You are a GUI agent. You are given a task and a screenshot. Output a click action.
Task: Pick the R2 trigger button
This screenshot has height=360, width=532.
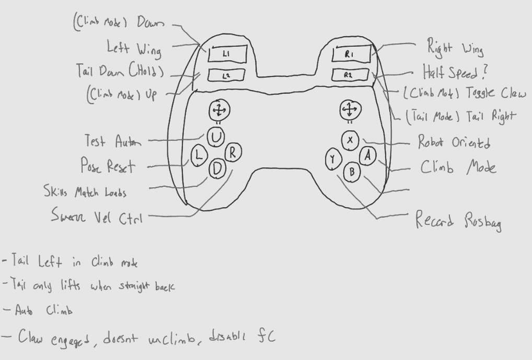[350, 75]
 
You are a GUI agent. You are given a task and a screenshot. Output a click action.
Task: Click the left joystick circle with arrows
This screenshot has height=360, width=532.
[218, 111]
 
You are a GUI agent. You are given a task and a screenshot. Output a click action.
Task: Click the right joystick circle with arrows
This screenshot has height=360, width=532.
[349, 110]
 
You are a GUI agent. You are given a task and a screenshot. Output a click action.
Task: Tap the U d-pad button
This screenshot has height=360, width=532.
[217, 136]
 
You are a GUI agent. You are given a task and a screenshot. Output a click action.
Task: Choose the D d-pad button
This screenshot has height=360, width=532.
[217, 169]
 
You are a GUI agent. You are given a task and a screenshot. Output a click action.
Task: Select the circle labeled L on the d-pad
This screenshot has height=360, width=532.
[199, 155]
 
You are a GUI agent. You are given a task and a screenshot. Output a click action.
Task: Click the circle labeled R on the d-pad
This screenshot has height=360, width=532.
[233, 153]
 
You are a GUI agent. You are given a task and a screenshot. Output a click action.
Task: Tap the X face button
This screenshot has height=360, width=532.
[350, 139]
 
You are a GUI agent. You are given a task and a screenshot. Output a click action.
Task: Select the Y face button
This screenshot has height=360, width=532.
[332, 159]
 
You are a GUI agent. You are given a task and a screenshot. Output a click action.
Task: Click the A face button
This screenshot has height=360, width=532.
[367, 155]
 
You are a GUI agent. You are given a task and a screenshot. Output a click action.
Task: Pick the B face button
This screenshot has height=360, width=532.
[351, 172]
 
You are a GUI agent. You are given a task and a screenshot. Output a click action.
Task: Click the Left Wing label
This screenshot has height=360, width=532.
[134, 48]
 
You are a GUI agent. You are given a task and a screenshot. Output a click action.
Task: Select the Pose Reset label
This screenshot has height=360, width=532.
[107, 166]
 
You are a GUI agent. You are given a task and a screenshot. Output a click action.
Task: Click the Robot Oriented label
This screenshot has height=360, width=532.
[454, 142]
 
